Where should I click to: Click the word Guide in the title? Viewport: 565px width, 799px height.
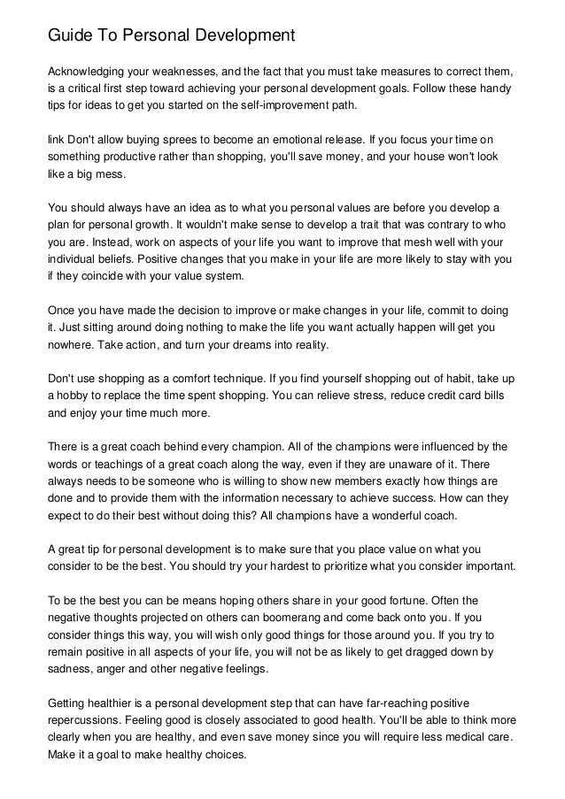click(70, 36)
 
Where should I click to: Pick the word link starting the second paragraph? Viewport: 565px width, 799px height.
click(55, 140)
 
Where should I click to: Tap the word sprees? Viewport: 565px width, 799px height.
click(174, 140)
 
